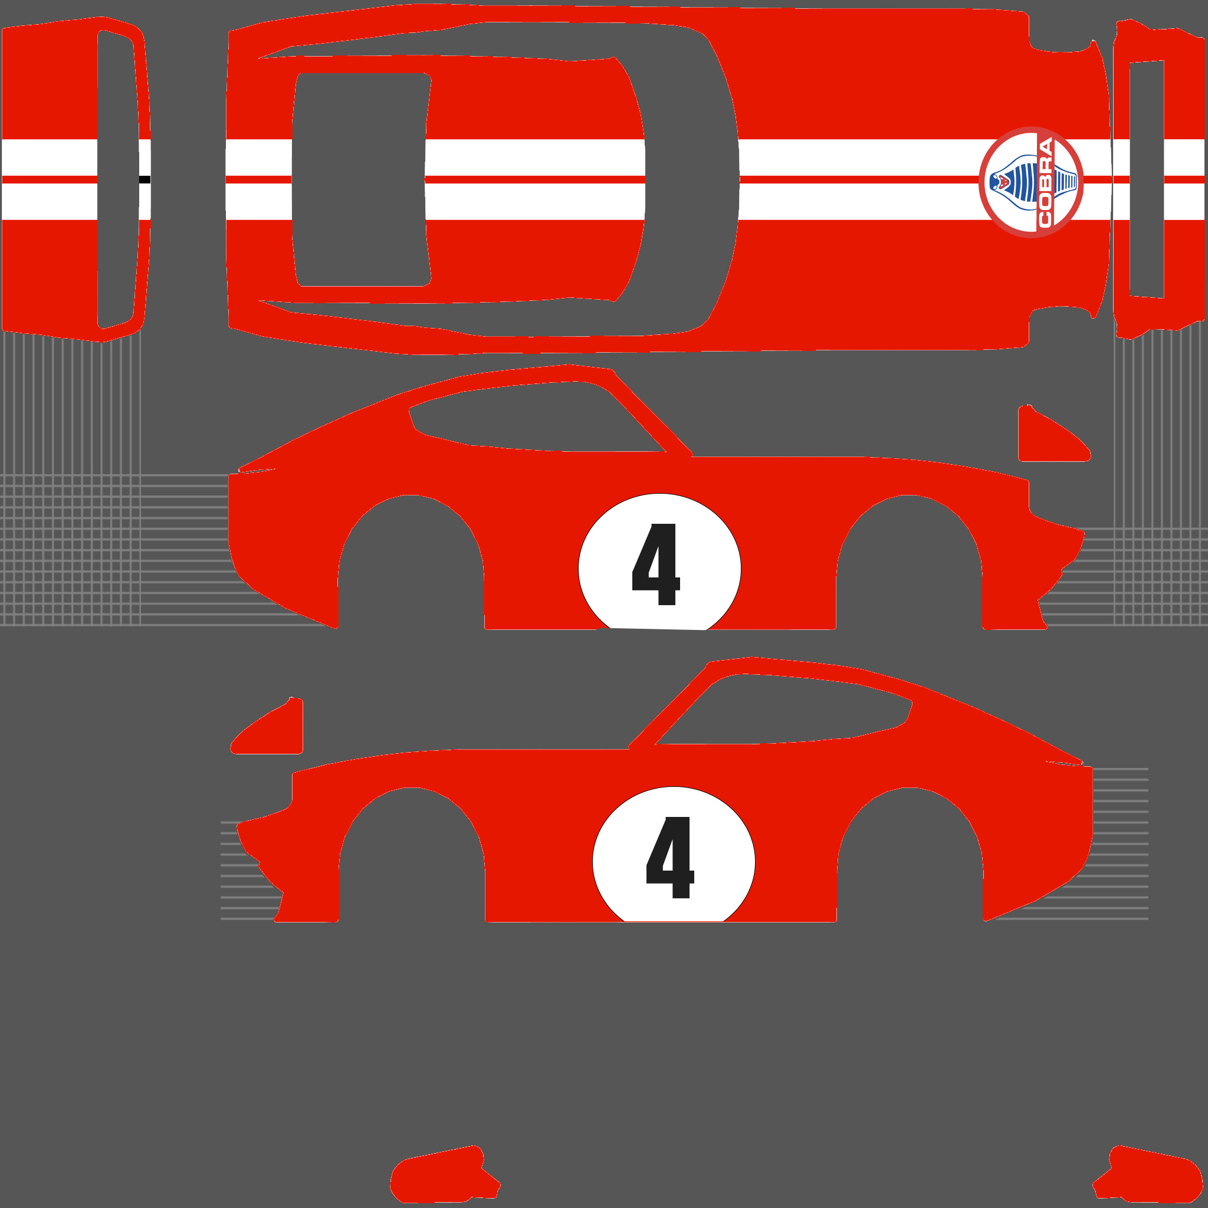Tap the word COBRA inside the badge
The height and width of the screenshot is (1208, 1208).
[x=1045, y=183]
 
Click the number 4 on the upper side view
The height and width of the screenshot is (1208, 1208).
[x=656, y=564]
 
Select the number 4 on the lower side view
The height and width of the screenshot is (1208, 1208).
[x=669, y=857]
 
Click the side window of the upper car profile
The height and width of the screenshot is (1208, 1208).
[x=537, y=417]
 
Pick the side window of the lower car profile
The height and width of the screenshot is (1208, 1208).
[x=783, y=709]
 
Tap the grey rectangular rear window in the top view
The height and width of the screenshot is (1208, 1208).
[x=362, y=180]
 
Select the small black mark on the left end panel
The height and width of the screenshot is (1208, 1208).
[x=145, y=179]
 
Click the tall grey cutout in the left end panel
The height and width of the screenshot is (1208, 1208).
[x=118, y=179]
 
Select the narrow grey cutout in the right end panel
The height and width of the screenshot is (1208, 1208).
[x=1147, y=179]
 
